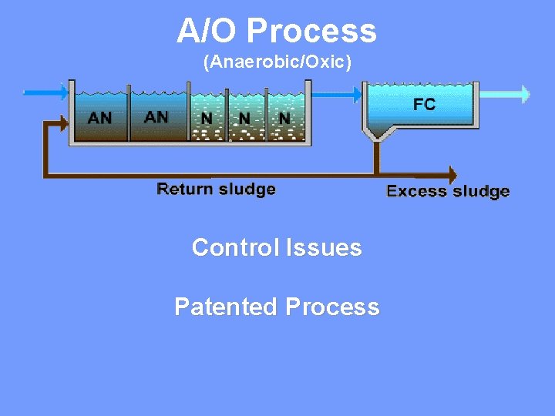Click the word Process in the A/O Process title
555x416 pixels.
(x=312, y=32)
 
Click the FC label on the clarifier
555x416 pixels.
(x=424, y=105)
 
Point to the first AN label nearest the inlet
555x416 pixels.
(x=99, y=119)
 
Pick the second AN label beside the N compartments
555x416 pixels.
(x=156, y=117)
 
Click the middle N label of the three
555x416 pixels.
(x=244, y=119)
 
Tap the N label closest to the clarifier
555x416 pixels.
(x=284, y=119)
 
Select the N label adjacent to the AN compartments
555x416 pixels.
(x=207, y=119)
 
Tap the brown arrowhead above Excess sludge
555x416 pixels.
(x=452, y=173)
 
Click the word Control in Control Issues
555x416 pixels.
(x=236, y=247)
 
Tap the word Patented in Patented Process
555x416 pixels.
(x=226, y=307)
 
